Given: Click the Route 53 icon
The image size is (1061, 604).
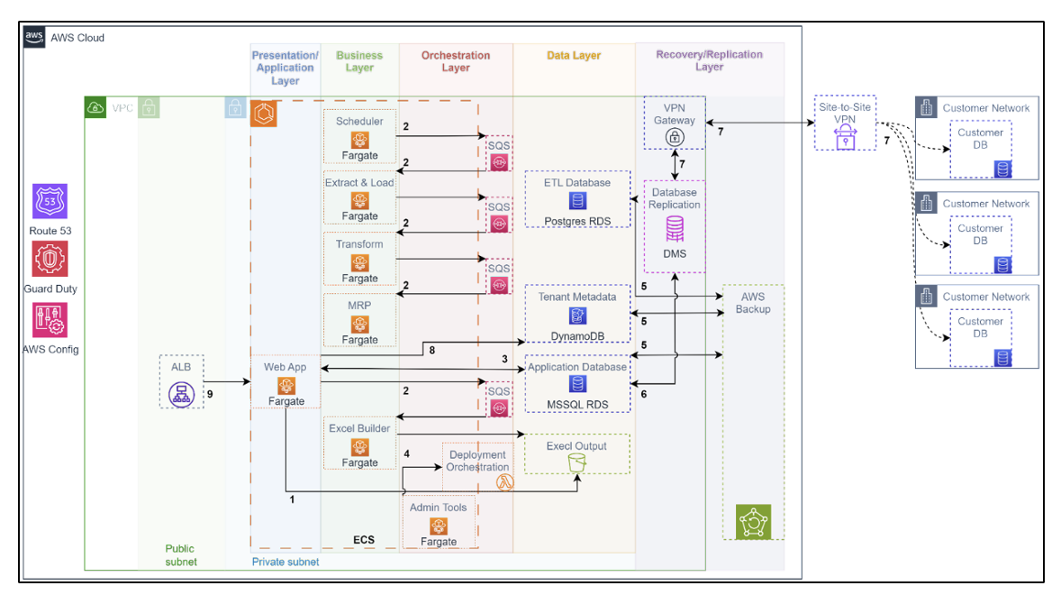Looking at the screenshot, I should point(50,201).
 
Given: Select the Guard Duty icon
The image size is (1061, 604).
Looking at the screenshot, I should point(50,259).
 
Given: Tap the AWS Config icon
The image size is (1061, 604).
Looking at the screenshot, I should point(50,320).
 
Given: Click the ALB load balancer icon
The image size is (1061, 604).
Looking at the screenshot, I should point(181,393).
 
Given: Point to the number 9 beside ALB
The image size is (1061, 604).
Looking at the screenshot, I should point(210,393).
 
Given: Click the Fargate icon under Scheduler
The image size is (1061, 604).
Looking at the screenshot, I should point(359,140).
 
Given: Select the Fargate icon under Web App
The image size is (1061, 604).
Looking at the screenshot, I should point(286,385).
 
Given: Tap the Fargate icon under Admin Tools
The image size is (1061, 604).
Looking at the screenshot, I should point(439,526).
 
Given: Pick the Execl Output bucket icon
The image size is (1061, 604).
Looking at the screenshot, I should point(576,462).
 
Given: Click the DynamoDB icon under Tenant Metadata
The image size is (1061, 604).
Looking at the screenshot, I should point(576,316).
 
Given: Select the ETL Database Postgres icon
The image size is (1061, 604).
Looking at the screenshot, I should point(576,201).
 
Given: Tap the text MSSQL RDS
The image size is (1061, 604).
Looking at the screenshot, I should point(576,405).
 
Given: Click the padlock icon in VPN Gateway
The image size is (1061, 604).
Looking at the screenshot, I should point(674,137).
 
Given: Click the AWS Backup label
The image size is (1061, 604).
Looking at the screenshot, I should point(753,303).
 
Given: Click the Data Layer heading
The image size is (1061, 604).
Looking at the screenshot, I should point(573,56).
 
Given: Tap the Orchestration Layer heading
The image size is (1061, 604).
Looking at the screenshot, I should point(456,61).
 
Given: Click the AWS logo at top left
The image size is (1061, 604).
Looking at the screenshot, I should point(34,37).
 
